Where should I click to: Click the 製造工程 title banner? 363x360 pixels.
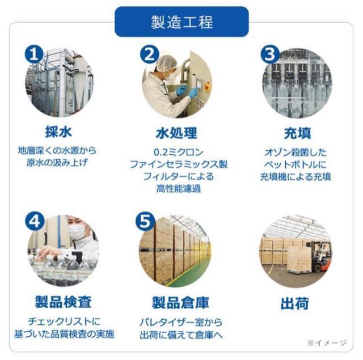click(181, 22)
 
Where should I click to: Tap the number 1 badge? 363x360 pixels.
click(35, 54)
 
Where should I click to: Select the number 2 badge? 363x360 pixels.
click(149, 54)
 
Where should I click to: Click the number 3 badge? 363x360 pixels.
click(271, 55)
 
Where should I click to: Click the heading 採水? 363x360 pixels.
click(59, 133)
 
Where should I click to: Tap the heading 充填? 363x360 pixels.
click(297, 133)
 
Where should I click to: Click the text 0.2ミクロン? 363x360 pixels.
click(178, 153)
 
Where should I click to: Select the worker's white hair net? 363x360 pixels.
click(164, 61)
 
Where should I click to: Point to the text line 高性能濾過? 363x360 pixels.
click(178, 189)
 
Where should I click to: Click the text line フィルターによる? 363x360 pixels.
click(178, 177)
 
